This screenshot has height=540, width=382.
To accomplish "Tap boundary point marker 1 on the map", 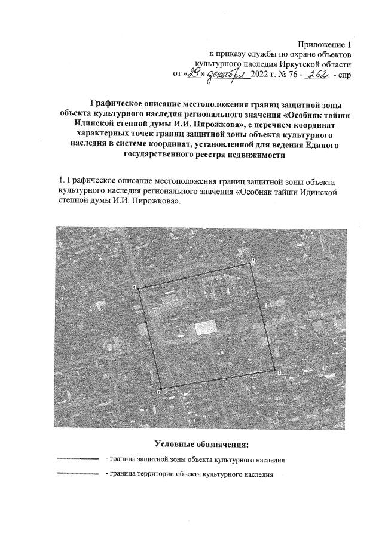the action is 253,260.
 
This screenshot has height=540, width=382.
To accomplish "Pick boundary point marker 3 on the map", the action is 158,392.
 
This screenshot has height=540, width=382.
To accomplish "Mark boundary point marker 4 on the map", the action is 135,288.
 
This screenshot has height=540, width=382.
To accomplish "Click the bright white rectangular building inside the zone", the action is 205,327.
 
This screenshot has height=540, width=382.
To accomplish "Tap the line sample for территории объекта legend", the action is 76,474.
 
